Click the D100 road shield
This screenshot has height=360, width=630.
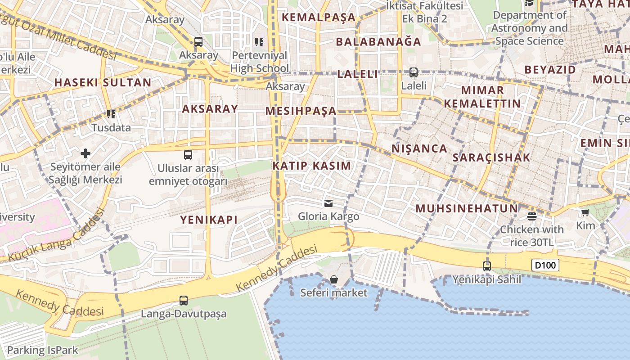point(545,265)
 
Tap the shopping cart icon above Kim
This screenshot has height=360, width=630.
point(585,212)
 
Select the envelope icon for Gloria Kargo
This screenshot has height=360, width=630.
point(328,203)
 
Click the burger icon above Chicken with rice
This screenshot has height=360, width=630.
point(531,216)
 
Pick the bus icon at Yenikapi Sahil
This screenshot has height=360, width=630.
point(486,266)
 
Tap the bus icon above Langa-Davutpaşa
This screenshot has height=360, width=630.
point(183,300)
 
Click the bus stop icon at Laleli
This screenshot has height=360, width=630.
point(413,72)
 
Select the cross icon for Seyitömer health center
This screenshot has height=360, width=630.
point(85,153)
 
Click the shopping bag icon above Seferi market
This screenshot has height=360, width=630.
point(333,280)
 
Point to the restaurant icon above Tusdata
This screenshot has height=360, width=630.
point(111,114)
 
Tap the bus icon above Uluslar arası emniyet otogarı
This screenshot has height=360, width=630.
point(188,155)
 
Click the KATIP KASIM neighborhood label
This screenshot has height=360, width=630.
point(311,166)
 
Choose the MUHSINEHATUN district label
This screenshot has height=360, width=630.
point(467,208)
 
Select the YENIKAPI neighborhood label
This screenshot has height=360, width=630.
point(209,220)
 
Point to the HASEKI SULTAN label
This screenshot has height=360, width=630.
point(103,82)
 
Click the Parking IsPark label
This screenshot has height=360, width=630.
point(42,350)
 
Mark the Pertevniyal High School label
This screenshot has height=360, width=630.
point(260,62)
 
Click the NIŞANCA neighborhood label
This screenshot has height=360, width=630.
point(419,148)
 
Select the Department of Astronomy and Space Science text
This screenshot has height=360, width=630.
point(529,28)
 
